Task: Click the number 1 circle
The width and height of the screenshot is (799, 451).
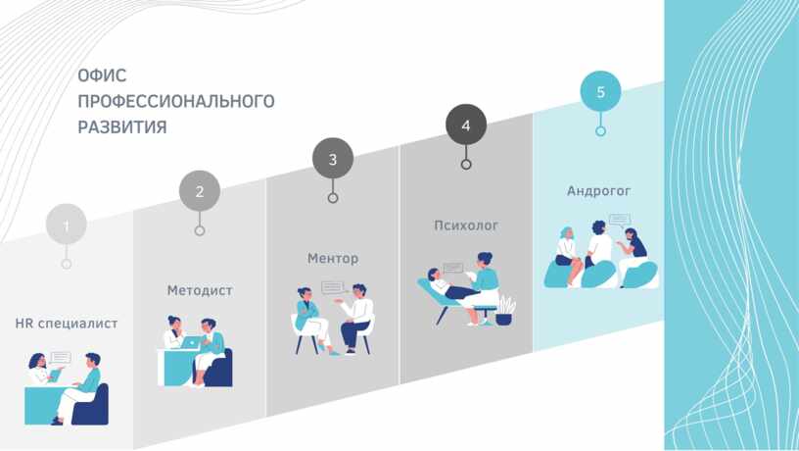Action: [67, 224]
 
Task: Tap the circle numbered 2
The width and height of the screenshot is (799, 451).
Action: [200, 191]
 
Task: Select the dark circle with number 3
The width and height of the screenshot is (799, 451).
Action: [333, 158]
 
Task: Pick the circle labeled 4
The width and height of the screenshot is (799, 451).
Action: [466, 125]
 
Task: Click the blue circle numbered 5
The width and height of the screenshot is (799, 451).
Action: [601, 91]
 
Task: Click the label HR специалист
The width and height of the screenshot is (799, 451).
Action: [67, 324]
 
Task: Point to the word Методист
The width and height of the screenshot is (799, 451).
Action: [200, 290]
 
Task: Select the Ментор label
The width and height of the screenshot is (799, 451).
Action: [333, 258]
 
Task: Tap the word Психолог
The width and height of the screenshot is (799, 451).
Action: [466, 225]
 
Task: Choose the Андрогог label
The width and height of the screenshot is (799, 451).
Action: [598, 191]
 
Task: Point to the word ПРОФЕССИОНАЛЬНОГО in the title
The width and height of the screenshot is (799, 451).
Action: [176, 101]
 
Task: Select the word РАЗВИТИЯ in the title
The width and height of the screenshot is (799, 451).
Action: [122, 126]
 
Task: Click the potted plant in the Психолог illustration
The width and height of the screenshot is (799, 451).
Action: [505, 311]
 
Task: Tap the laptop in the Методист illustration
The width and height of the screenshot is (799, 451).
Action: [190, 342]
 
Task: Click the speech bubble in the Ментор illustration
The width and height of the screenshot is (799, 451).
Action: [333, 287]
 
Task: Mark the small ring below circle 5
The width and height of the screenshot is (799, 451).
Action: [601, 131]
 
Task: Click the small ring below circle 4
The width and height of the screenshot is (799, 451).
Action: [466, 165]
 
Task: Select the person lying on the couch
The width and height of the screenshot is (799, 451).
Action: [452, 285]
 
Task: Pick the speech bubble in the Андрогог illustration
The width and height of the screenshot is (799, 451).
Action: [620, 221]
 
